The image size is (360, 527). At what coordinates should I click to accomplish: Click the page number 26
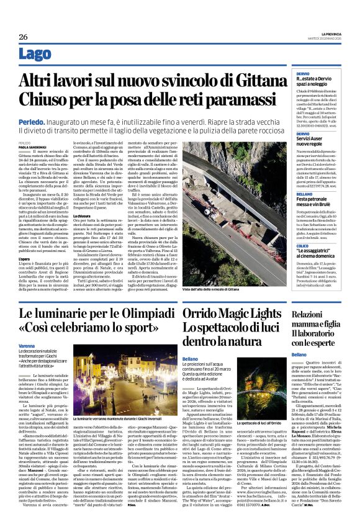pyautogui.click(x=24, y=37)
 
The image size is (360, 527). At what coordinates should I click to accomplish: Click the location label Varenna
pyautogui.click(x=27, y=345)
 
